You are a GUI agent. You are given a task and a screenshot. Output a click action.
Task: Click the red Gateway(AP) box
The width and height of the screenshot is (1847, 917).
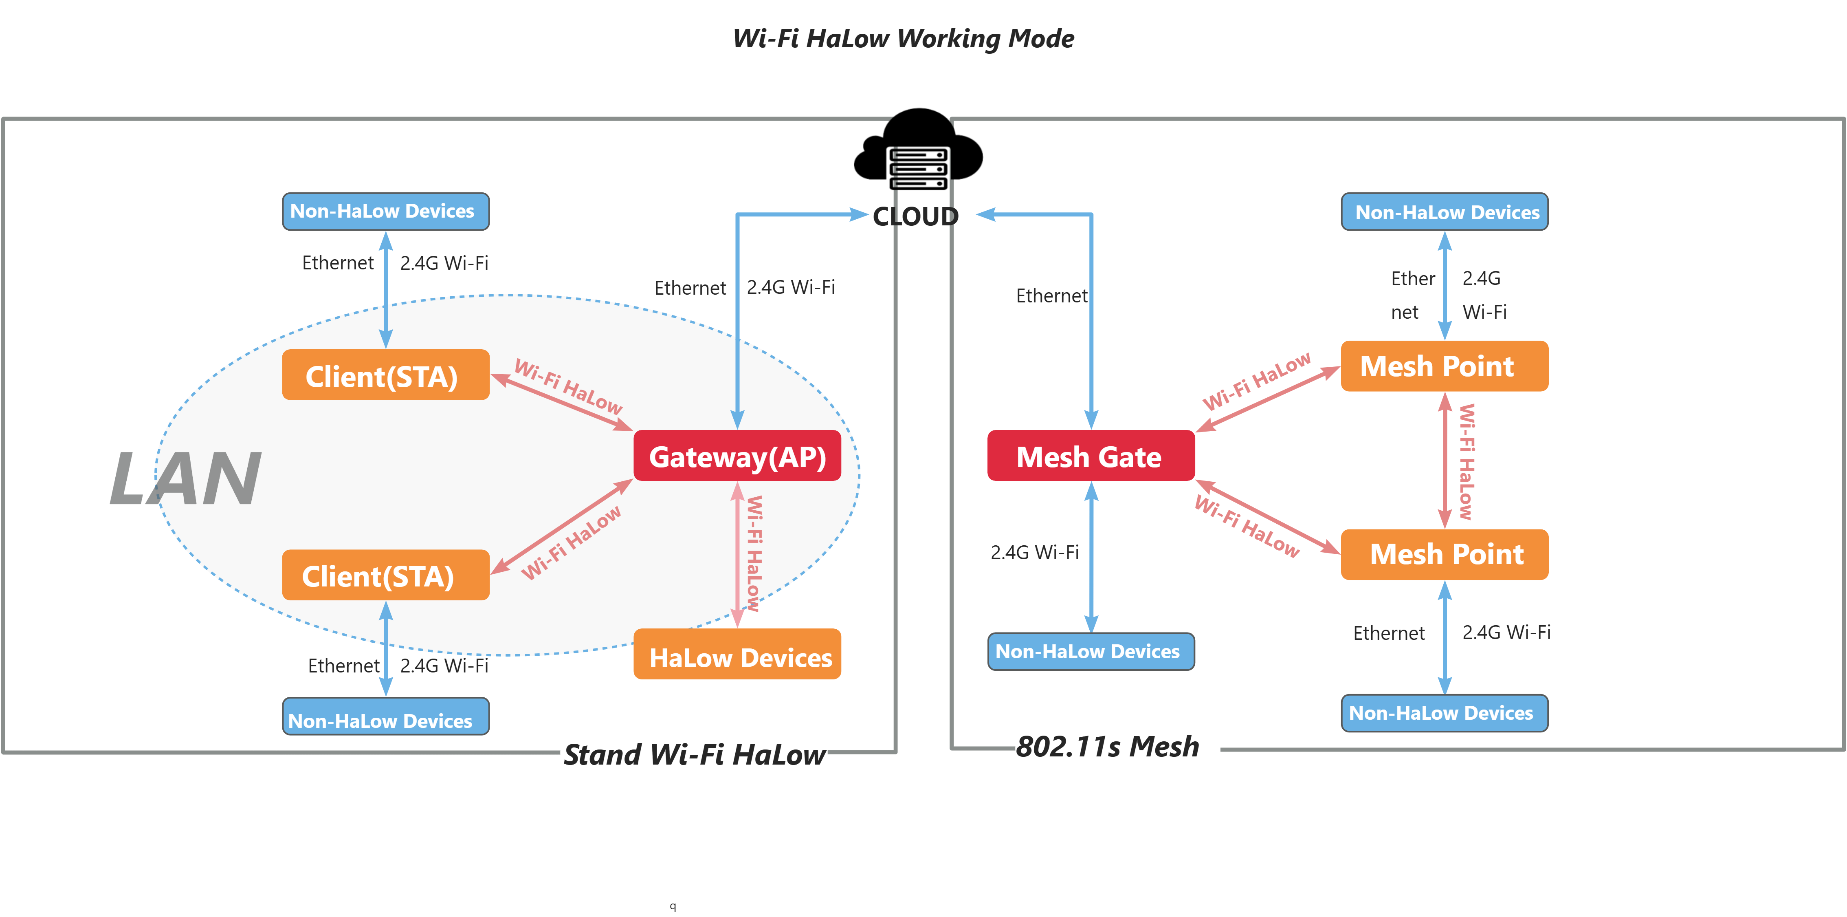tap(737, 456)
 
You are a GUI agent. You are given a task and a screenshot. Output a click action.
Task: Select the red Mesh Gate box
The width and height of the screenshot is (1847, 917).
tap(1090, 456)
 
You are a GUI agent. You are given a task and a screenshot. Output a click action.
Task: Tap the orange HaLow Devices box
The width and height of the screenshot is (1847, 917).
tap(737, 655)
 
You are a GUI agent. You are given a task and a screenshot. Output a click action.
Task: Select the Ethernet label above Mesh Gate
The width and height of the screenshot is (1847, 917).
tap(1051, 295)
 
